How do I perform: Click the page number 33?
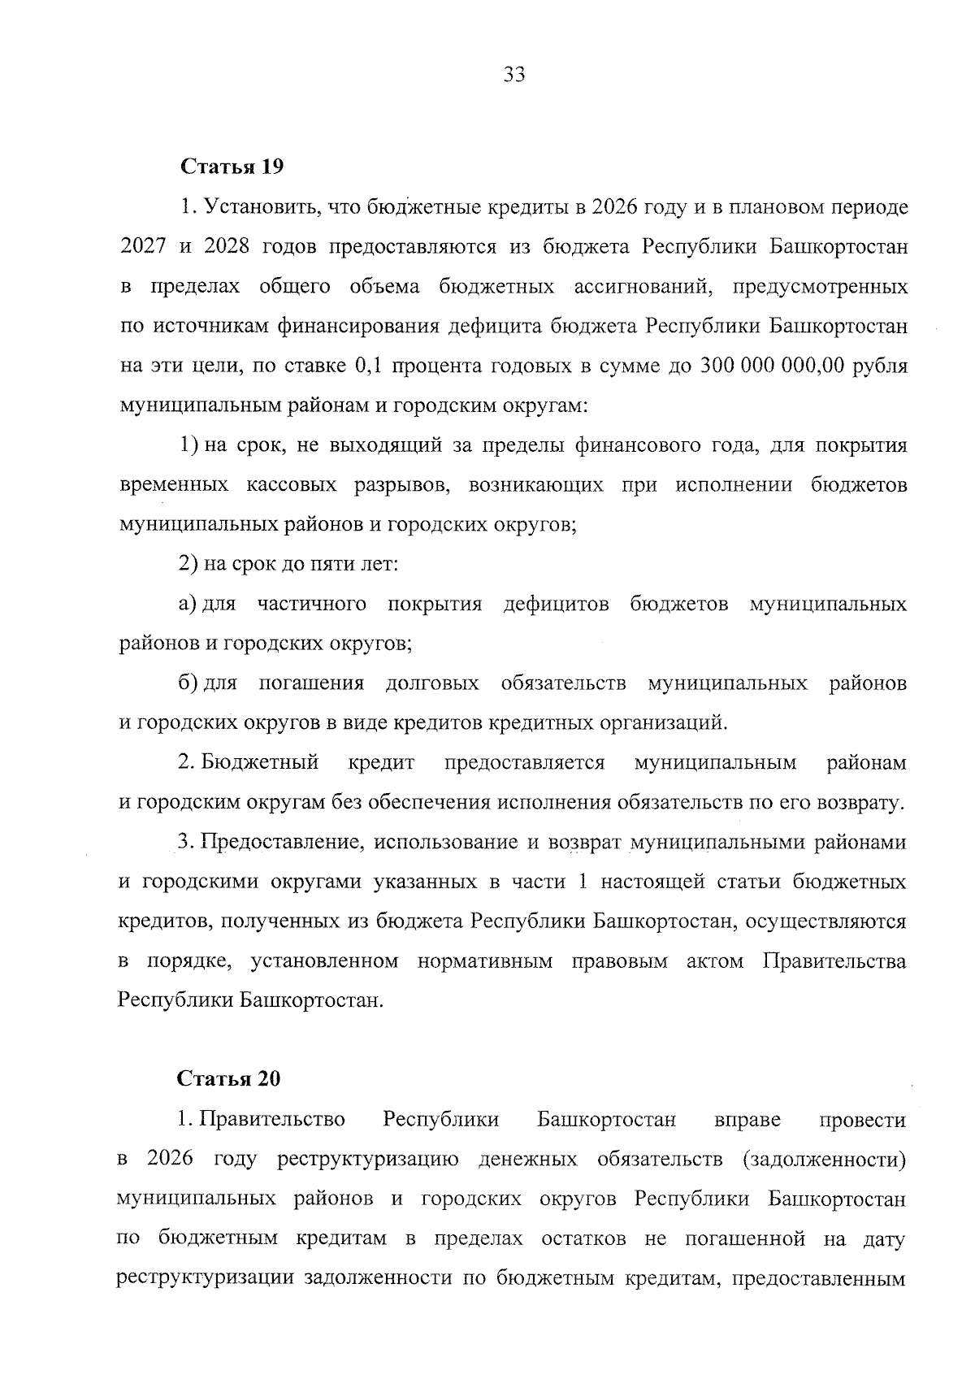514,76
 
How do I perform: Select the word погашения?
311,683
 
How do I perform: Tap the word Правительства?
834,961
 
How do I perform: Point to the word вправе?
747,1120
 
